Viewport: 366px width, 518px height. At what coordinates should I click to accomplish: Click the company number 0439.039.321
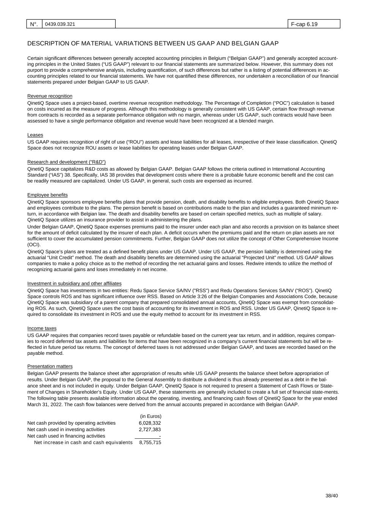coord(60,24)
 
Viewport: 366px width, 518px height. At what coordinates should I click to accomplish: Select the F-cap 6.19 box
coord(314,24)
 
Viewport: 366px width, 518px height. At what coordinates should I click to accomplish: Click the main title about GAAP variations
coord(153,44)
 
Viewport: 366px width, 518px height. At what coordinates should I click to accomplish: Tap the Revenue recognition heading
coord(50,96)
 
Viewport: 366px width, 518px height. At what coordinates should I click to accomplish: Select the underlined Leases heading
coord(35,135)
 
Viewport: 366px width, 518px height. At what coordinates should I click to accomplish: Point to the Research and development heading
coord(66,162)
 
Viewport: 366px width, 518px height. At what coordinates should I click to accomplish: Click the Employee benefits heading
coord(47,195)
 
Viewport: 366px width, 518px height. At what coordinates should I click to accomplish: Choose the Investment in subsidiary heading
coord(74,283)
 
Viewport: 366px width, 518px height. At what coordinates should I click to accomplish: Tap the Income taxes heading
coord(42,329)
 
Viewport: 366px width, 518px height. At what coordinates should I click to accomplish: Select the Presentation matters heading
coord(50,367)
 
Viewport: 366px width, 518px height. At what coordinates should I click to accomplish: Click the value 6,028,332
coord(150,423)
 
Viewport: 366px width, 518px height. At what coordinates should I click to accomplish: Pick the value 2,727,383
coord(150,430)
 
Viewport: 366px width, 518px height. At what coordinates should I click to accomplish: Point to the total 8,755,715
coord(150,442)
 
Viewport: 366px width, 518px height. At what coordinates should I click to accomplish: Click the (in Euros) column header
coord(151,416)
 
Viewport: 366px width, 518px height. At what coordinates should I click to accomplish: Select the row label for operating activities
coord(71,423)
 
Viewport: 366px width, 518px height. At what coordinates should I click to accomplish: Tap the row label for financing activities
coord(66,436)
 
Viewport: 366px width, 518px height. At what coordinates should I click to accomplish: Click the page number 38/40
coord(331,496)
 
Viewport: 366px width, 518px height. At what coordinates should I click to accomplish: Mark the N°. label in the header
coord(34,24)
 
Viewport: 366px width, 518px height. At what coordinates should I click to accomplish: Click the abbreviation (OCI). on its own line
coord(34,245)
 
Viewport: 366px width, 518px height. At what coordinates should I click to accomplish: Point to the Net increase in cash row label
coord(83,442)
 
